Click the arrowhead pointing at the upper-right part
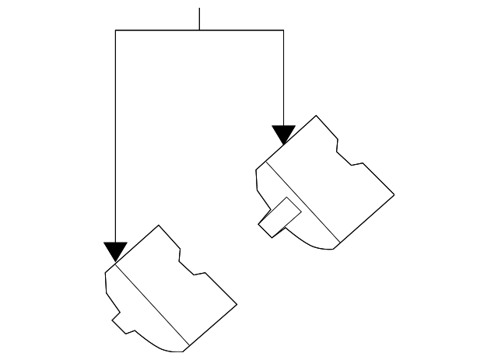pyautogui.click(x=283, y=135)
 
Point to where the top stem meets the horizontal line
pyautogui.click(x=199, y=30)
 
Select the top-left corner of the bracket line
pyautogui.click(x=115, y=30)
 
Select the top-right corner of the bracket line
pyautogui.click(x=283, y=30)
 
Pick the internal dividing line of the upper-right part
pyautogui.click(x=303, y=201)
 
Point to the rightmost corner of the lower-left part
pyautogui.click(x=237, y=303)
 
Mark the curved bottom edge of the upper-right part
pyautogui.click(x=314, y=243)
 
